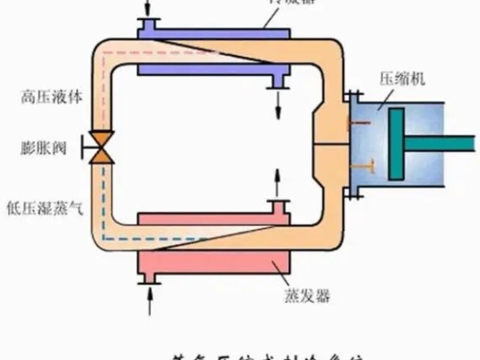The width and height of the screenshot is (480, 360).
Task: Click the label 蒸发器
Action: point(308,296)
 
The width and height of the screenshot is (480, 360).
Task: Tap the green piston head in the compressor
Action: point(396,144)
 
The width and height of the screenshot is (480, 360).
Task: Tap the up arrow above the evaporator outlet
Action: point(278,183)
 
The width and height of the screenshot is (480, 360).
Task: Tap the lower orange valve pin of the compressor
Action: point(362,165)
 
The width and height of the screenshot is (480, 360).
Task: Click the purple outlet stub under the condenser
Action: point(279,81)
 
